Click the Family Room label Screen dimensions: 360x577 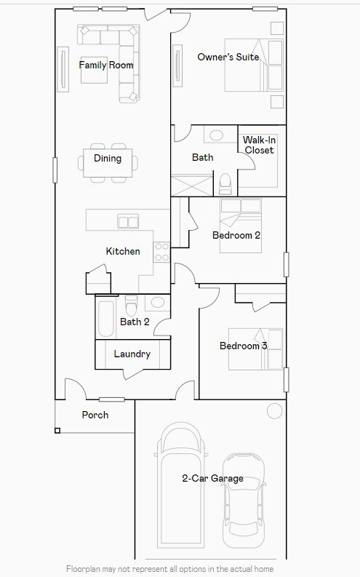click(x=106, y=65)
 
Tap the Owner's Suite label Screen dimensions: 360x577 click(x=228, y=57)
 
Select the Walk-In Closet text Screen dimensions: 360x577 click(x=259, y=145)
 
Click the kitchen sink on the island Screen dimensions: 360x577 click(x=128, y=222)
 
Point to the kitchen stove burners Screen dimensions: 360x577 click(x=161, y=252)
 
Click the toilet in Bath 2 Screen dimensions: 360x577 click(x=132, y=306)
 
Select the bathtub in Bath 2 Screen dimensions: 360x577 click(x=106, y=319)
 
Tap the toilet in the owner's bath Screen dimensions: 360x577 click(x=225, y=184)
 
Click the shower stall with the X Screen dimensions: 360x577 click(x=192, y=185)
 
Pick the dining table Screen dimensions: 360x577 click(x=108, y=163)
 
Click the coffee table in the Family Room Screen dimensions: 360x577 click(x=94, y=70)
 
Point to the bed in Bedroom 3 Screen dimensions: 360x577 click(x=255, y=349)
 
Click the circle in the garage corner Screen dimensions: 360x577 click(x=274, y=410)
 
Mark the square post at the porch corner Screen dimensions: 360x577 click(x=57, y=431)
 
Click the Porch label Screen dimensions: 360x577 click(x=95, y=415)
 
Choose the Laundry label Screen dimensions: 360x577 click(x=132, y=354)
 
